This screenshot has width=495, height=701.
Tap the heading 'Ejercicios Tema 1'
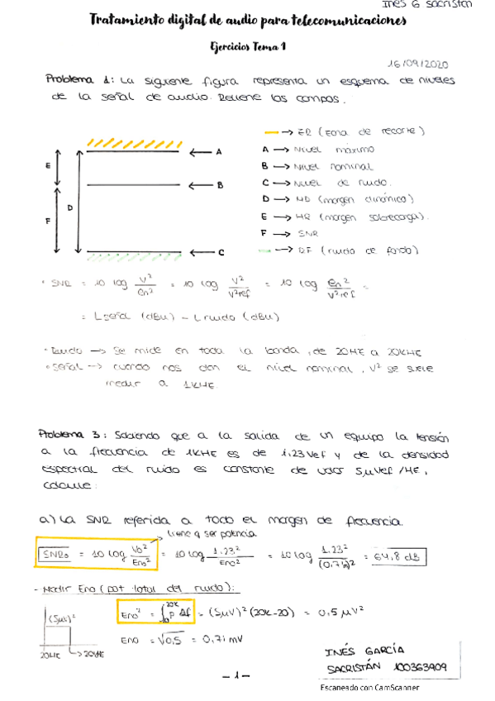tap(248, 48)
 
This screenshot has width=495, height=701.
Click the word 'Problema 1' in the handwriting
tap(79, 80)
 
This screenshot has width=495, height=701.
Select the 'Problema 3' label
tap(73, 432)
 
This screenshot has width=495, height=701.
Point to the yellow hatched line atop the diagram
tap(135, 145)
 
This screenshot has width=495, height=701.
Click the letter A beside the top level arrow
tap(219, 152)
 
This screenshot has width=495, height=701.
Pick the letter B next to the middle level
tap(221, 186)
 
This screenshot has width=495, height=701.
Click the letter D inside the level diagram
tap(69, 207)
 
